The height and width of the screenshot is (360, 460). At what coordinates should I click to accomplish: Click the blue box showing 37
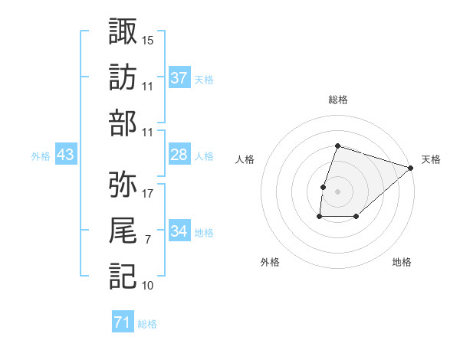pyautogui.click(x=179, y=78)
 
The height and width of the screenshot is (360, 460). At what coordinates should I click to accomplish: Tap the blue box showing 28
pyautogui.click(x=179, y=155)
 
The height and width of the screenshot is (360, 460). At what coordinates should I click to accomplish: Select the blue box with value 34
pyautogui.click(x=179, y=232)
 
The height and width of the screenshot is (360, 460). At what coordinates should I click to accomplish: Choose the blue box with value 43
pyautogui.click(x=66, y=155)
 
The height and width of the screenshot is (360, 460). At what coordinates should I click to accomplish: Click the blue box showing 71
pyautogui.click(x=123, y=323)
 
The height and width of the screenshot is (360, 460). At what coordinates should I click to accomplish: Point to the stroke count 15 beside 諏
pyautogui.click(x=148, y=39)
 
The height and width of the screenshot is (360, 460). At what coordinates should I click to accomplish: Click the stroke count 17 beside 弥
pyautogui.click(x=148, y=193)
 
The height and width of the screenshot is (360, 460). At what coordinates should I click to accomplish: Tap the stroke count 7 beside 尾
pyautogui.click(x=148, y=240)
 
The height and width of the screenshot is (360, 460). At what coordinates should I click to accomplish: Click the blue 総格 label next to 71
pyautogui.click(x=147, y=324)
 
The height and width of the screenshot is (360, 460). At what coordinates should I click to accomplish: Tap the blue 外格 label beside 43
pyautogui.click(x=41, y=156)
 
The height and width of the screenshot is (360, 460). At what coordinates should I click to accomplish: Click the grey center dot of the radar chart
pyautogui.click(x=337, y=191)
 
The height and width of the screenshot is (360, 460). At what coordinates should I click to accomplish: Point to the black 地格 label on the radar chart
pyautogui.click(x=402, y=263)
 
